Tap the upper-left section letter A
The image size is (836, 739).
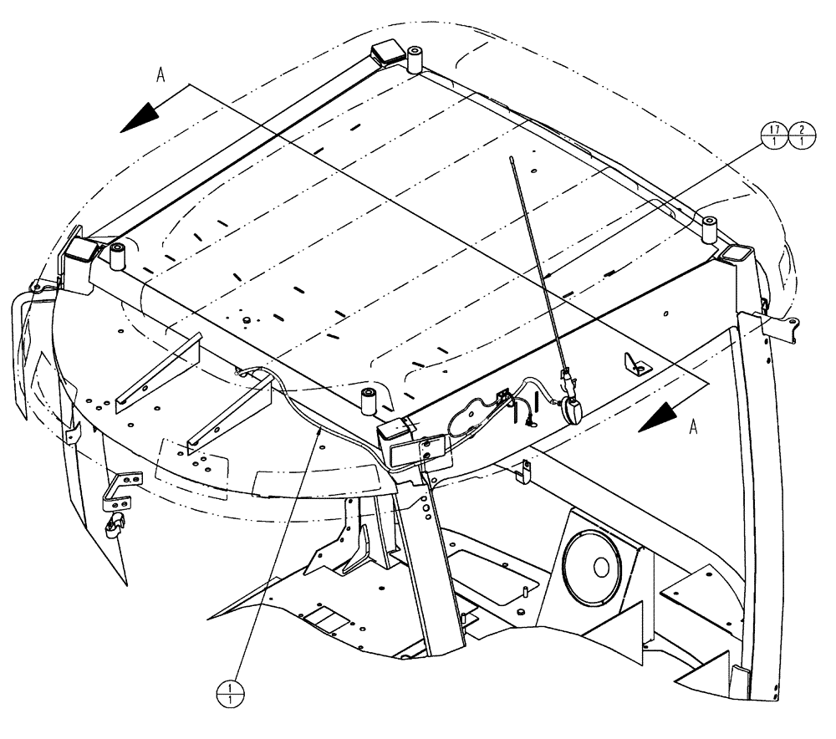[160, 74]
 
